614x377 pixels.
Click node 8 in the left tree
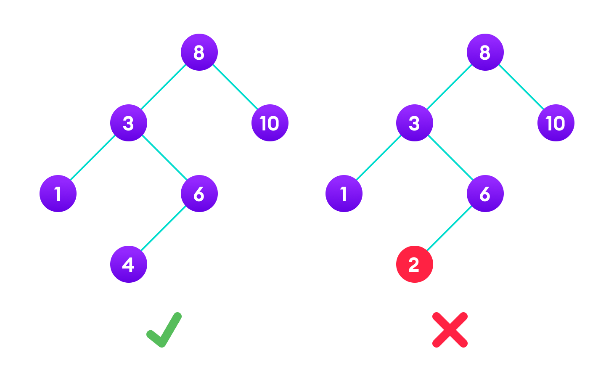pyautogui.click(x=199, y=52)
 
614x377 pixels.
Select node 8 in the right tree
pyautogui.click(x=485, y=52)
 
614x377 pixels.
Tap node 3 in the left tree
pyautogui.click(x=129, y=123)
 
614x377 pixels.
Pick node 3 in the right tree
pyautogui.click(x=414, y=123)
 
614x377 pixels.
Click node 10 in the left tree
pyautogui.click(x=270, y=123)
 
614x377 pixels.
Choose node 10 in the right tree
pyautogui.click(x=556, y=123)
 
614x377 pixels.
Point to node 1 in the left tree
pyautogui.click(x=58, y=194)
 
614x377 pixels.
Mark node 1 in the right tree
pyautogui.click(x=344, y=194)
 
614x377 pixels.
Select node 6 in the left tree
pyautogui.click(x=199, y=194)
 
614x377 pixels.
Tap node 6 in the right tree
pyautogui.click(x=485, y=194)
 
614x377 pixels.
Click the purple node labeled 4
pyautogui.click(x=129, y=264)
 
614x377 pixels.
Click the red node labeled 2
pyautogui.click(x=414, y=264)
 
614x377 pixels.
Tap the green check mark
pyautogui.click(x=164, y=330)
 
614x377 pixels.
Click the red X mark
pyautogui.click(x=450, y=330)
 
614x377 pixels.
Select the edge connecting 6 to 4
pyautogui.click(x=164, y=229)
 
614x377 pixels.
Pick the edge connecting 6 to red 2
pyautogui.click(x=450, y=229)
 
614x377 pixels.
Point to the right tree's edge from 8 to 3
pyautogui.click(x=450, y=88)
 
